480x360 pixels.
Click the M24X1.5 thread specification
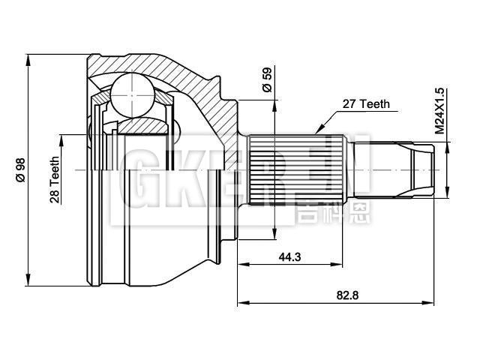coord(440,110)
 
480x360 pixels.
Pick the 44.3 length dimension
coord(289,257)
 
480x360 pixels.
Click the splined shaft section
coord(296,171)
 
